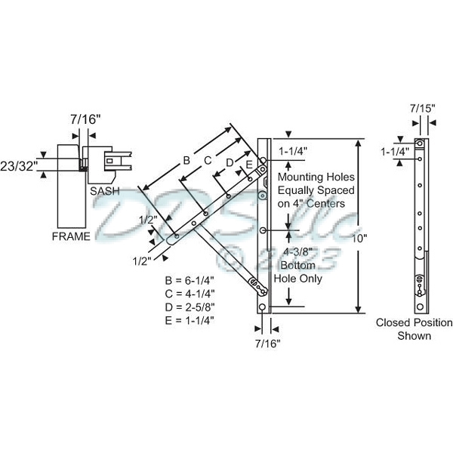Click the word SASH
coord(104,192)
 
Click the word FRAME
coord(71,236)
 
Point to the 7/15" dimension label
coord(422,107)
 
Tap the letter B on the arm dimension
coord(185,160)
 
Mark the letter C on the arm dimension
coord(208,160)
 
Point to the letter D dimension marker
coord(229,162)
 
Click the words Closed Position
coord(414,323)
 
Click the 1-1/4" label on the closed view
coord(395,151)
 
